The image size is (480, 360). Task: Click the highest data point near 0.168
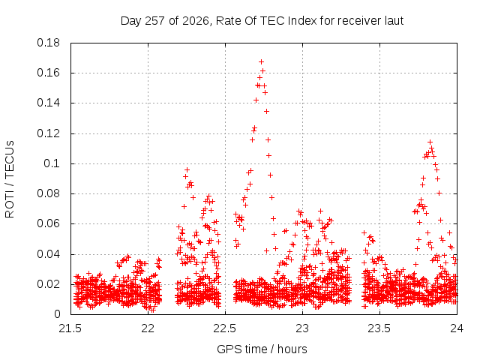tap(261, 62)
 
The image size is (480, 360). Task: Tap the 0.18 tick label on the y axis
tap(48, 43)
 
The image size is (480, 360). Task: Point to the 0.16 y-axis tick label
tap(48, 73)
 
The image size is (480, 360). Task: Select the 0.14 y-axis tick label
tap(48, 103)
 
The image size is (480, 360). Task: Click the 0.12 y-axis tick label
tap(48, 133)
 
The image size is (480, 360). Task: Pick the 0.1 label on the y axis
tap(52, 163)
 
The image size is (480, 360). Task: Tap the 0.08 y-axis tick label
tap(48, 193)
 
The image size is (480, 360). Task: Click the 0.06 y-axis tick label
tap(48, 223)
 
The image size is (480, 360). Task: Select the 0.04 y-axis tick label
tap(48, 254)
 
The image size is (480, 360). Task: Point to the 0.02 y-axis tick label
tap(48, 284)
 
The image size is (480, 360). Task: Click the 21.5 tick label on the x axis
tap(70, 328)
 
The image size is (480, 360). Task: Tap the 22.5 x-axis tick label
tap(225, 328)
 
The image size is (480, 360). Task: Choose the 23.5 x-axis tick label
tap(379, 328)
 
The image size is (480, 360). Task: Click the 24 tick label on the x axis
tap(457, 328)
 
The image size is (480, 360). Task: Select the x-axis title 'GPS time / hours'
tap(262, 349)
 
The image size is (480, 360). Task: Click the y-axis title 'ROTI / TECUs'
tap(10, 179)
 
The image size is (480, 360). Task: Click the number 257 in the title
tap(155, 21)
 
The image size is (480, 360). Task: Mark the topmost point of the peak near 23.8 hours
tap(430, 142)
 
